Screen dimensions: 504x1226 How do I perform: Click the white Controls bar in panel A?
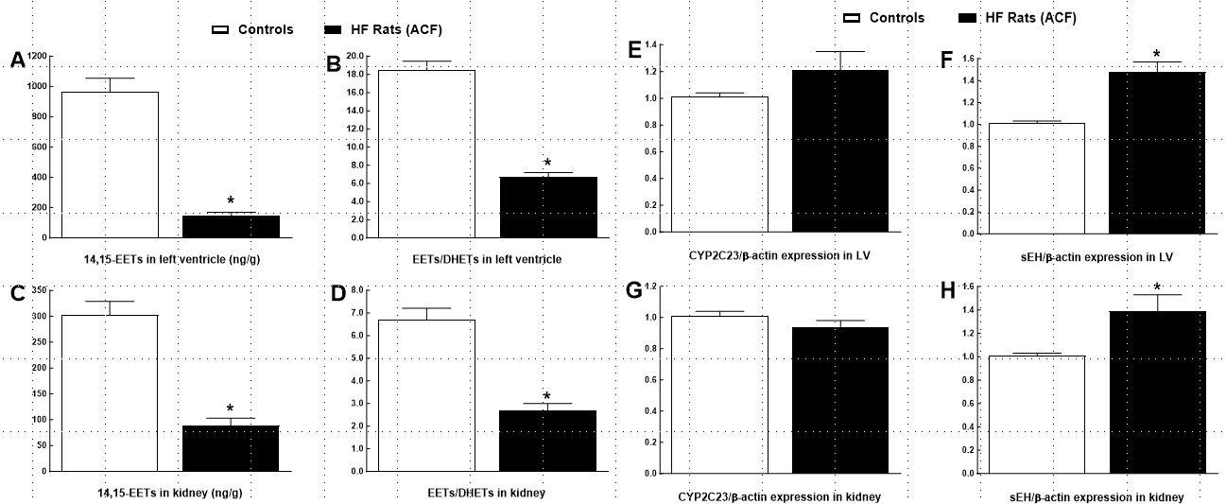110,165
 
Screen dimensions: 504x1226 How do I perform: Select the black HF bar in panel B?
548,207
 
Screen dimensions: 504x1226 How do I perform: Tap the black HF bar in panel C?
230,447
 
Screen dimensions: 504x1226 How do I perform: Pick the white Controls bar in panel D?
427,394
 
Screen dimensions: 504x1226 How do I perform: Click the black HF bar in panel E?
840,150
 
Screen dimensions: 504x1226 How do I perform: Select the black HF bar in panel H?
1157,391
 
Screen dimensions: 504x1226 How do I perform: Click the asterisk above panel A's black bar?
231,200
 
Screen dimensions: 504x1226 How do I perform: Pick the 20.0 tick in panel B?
354,56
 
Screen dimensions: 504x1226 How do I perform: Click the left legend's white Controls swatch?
220,29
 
